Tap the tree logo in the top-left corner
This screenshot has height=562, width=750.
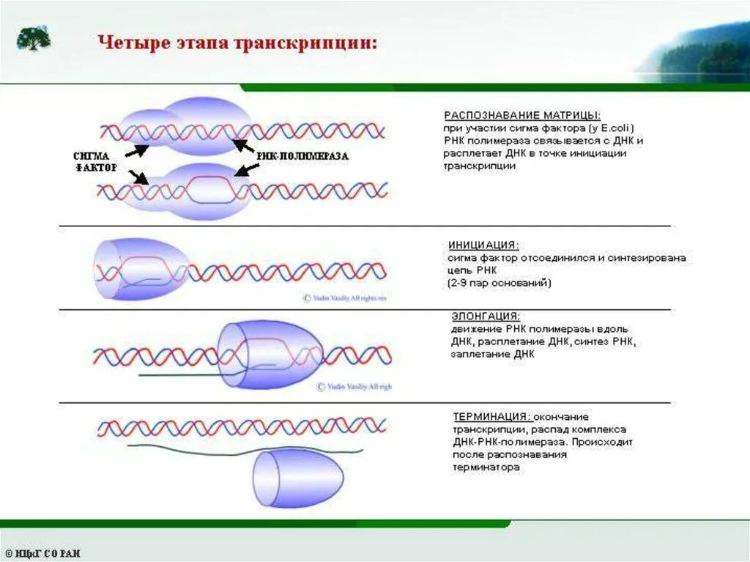click(34, 38)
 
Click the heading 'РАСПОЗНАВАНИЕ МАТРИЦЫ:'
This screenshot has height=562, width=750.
click(522, 116)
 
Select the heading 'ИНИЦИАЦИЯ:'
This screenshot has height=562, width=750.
click(483, 245)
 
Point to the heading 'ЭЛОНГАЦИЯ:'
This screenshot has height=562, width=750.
click(486, 316)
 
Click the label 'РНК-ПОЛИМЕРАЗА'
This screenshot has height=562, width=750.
click(302, 156)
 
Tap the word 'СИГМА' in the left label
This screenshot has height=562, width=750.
click(93, 155)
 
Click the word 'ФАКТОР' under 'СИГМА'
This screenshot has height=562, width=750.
click(95, 168)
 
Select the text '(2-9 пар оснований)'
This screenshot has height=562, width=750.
click(499, 282)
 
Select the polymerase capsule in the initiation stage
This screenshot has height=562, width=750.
click(139, 268)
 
